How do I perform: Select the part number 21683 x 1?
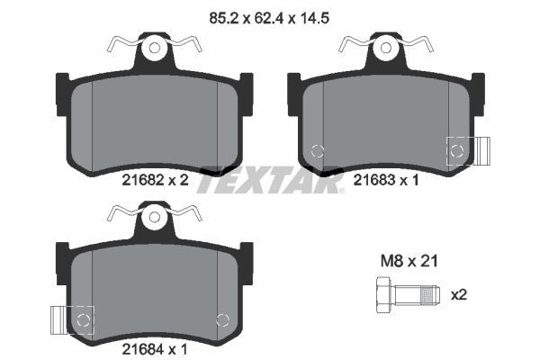[x=387, y=180]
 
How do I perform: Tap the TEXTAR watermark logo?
[x=270, y=180]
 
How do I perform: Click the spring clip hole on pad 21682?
[x=155, y=48]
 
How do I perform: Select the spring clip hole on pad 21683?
[x=385, y=48]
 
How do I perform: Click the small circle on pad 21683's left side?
[x=316, y=151]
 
